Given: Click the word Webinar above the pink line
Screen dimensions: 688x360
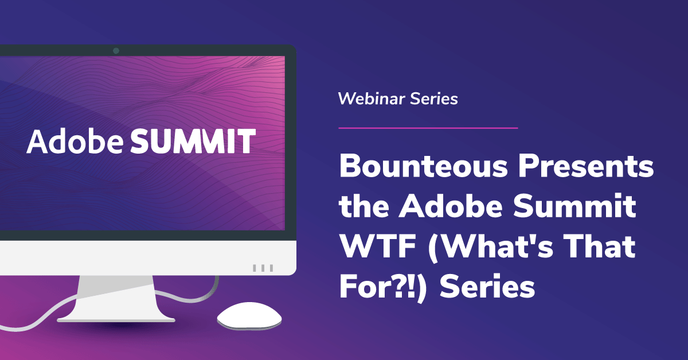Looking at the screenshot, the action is pos(372,99).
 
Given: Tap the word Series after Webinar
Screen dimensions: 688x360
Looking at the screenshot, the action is pos(433,99).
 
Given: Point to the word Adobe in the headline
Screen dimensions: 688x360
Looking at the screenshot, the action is pos(451,206).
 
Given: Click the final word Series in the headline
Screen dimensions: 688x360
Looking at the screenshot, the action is pos(487,287).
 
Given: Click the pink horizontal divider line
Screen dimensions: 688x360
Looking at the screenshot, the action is pos(428,128).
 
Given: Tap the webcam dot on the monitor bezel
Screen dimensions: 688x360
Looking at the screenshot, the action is pos(116,50).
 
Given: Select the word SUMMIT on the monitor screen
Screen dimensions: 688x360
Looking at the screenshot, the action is pos(193,141).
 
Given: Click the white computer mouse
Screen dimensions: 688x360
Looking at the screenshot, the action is pos(249,316).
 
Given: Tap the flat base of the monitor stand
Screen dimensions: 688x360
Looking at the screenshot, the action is pos(116,320).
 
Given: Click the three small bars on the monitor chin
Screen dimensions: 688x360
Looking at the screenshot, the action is pos(263,268).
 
